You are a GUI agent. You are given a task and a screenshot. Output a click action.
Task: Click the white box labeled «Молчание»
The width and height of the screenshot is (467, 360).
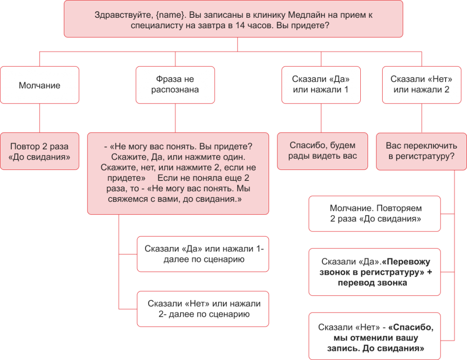coord(40,85)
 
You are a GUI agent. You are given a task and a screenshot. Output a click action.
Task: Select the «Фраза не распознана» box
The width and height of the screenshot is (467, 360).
coord(175,85)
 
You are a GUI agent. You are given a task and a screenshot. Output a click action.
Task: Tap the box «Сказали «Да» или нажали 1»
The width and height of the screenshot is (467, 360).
coord(321,85)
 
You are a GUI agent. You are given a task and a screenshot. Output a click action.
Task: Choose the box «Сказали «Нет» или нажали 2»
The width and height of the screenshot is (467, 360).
coord(421,85)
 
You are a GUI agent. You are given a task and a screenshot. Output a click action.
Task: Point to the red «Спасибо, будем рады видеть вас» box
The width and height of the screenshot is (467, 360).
coord(322,151)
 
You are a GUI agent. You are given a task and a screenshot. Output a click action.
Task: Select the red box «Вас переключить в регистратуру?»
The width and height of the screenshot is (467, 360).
coord(421,151)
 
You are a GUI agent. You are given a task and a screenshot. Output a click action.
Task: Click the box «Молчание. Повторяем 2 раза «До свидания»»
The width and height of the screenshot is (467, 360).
coord(375,214)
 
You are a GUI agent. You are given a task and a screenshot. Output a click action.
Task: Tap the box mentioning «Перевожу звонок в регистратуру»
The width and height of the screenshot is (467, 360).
coord(375,272)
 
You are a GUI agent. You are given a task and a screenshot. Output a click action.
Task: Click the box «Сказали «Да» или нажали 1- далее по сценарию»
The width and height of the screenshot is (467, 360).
coord(203,254)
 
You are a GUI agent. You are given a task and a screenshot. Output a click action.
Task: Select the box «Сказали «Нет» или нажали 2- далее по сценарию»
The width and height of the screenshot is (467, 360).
coord(203,309)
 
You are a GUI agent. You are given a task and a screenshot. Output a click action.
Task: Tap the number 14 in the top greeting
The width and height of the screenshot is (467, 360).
coord(240,26)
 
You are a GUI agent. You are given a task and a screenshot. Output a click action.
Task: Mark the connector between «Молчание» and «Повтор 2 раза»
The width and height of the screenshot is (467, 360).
coord(40,118)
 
